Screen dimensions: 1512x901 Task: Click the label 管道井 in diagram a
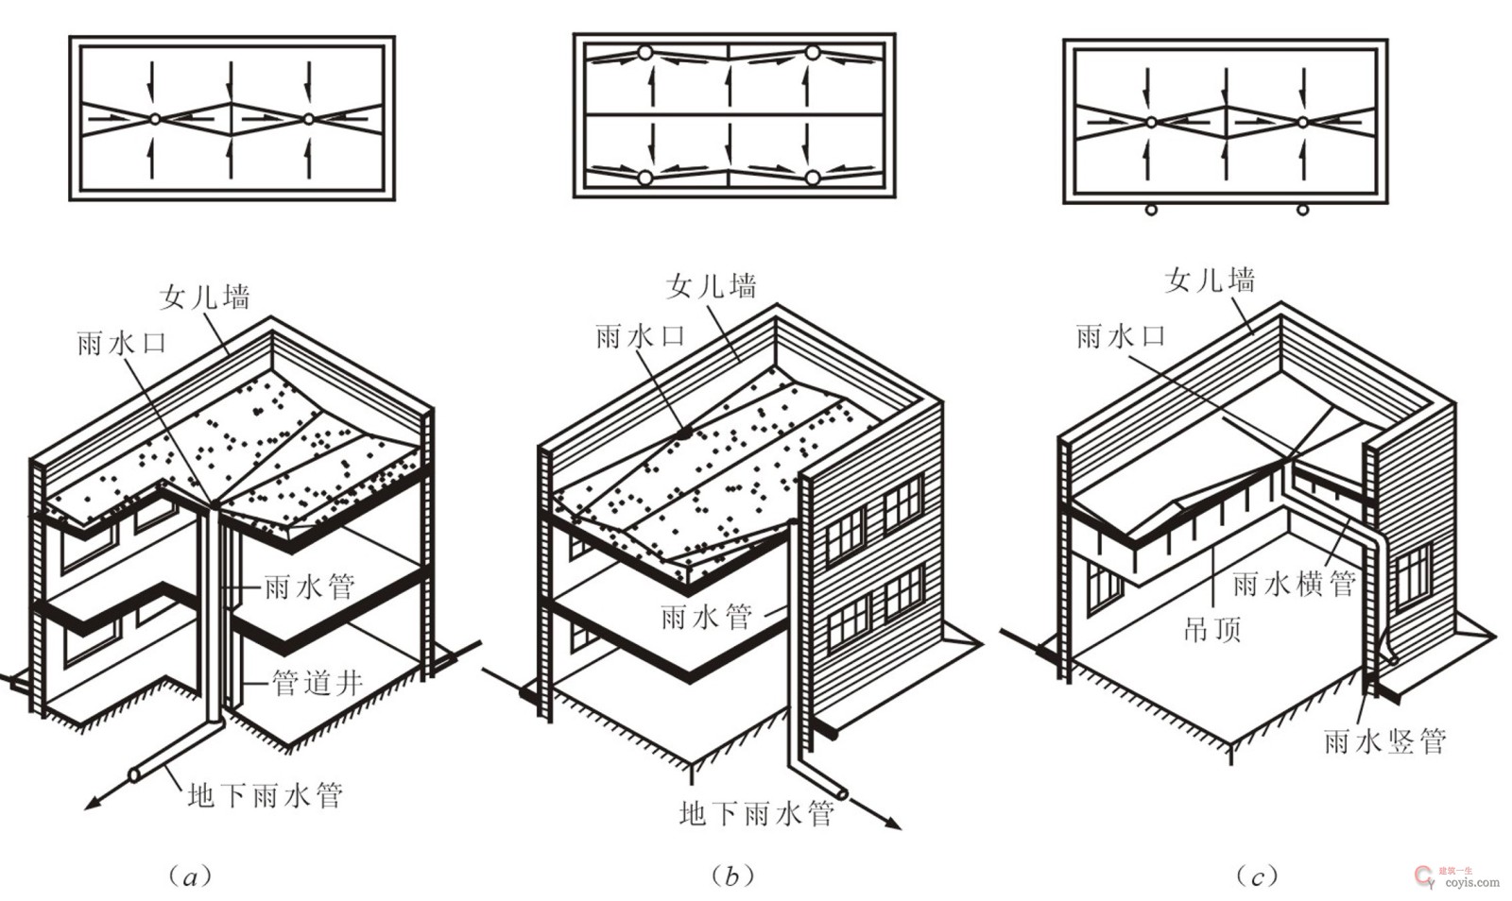[x=318, y=683]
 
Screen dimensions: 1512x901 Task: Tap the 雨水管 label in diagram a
[x=309, y=586]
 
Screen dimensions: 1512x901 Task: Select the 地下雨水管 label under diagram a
[x=266, y=795]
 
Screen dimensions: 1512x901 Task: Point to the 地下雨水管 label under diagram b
[x=757, y=813]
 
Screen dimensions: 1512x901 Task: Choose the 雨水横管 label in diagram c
[x=1294, y=584]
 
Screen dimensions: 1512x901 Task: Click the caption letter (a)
[x=190, y=876]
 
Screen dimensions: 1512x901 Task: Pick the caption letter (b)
[x=731, y=876]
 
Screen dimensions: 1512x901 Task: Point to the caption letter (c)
[x=1257, y=876]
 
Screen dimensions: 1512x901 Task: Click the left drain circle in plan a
[x=155, y=119]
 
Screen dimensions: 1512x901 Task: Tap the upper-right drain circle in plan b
[x=813, y=53]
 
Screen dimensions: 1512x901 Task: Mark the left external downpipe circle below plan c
[x=1152, y=211]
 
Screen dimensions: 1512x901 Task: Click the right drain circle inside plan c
[x=1303, y=122]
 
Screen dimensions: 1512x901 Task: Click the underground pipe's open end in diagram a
[x=134, y=774]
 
